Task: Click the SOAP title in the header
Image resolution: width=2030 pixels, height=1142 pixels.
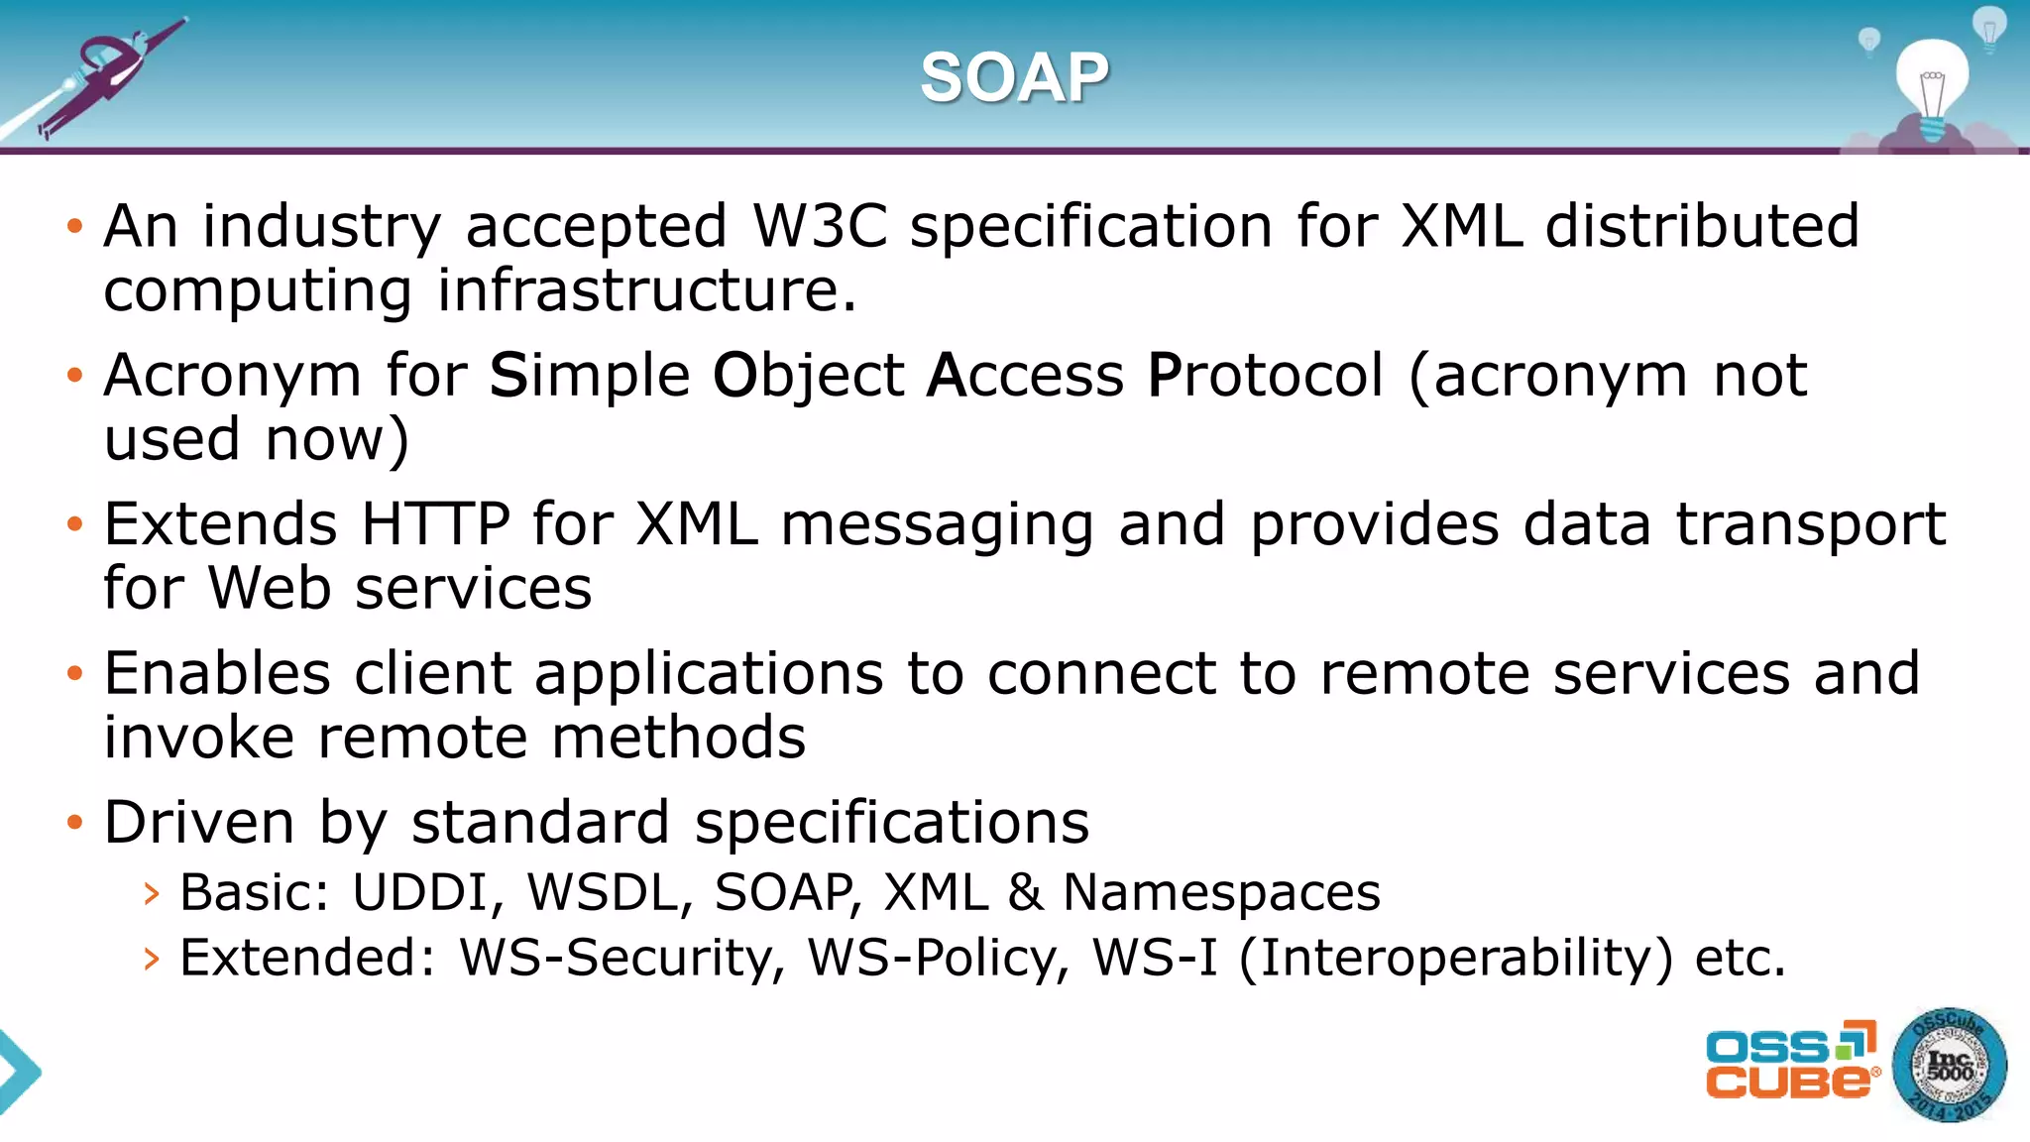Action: (x=1014, y=77)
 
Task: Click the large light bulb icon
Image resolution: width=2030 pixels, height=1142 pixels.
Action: (x=1932, y=84)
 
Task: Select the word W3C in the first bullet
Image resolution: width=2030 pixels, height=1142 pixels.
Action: (x=820, y=226)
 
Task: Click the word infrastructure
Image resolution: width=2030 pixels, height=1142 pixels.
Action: (x=645, y=290)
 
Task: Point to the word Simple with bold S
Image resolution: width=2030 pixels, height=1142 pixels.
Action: (x=589, y=376)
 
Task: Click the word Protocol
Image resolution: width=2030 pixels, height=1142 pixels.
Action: (x=1264, y=376)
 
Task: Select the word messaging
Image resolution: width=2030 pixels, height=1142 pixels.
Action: (x=937, y=525)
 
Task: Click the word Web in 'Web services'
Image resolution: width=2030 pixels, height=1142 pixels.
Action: (x=269, y=588)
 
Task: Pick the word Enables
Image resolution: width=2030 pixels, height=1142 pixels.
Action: (x=217, y=673)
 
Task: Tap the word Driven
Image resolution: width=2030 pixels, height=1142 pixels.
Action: (x=198, y=822)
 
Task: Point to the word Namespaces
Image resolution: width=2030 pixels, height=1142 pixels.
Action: (x=1221, y=892)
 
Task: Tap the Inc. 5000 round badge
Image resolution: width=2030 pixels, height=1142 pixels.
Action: (x=1949, y=1066)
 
